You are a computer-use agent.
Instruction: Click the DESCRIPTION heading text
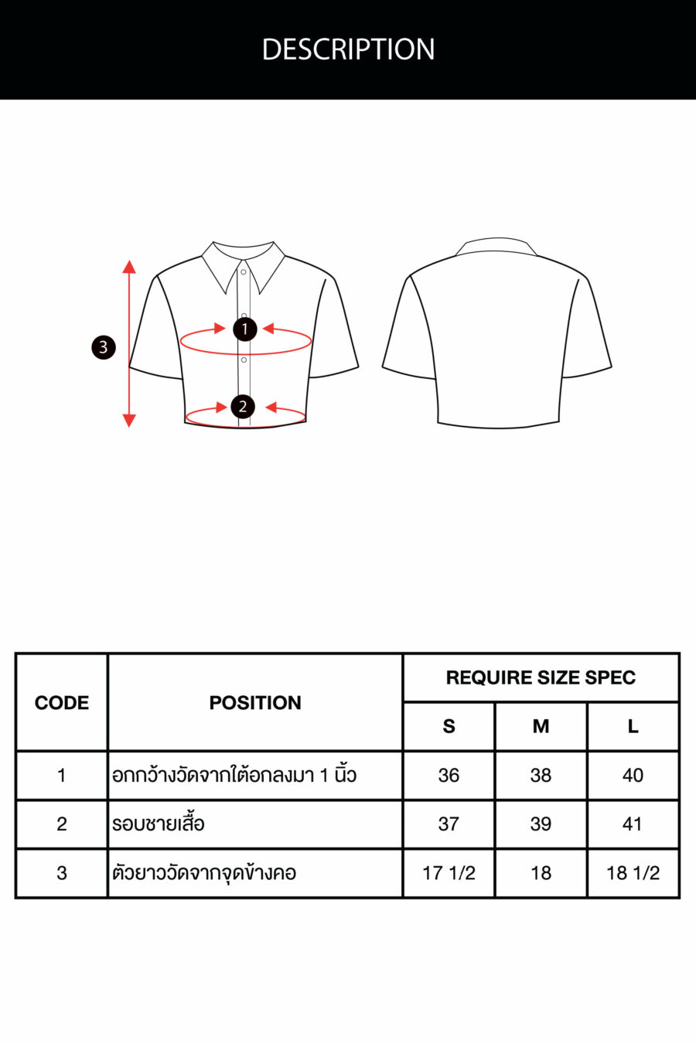[348, 49]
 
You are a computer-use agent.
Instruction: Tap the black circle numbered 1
[244, 329]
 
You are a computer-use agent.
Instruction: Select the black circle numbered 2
[243, 407]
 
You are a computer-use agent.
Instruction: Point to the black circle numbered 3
[104, 347]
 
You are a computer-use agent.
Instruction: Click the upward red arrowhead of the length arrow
[129, 267]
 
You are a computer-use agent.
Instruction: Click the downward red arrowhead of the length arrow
[129, 421]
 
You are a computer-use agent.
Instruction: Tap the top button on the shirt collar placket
[244, 272]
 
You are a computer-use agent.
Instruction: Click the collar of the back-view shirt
[496, 246]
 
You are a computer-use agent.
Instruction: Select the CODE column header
[62, 703]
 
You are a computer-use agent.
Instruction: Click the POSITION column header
[255, 703]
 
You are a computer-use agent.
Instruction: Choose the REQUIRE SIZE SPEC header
[541, 677]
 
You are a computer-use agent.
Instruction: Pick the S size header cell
[449, 726]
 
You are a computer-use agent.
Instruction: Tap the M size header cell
[541, 726]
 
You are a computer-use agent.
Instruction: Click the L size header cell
[633, 726]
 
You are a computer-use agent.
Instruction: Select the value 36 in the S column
[449, 775]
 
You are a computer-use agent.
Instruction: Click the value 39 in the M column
[541, 824]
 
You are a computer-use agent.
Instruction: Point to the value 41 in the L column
[633, 824]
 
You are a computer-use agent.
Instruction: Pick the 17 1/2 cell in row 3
[449, 873]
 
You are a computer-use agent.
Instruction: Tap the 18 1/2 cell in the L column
[633, 873]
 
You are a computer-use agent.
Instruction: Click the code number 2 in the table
[62, 824]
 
